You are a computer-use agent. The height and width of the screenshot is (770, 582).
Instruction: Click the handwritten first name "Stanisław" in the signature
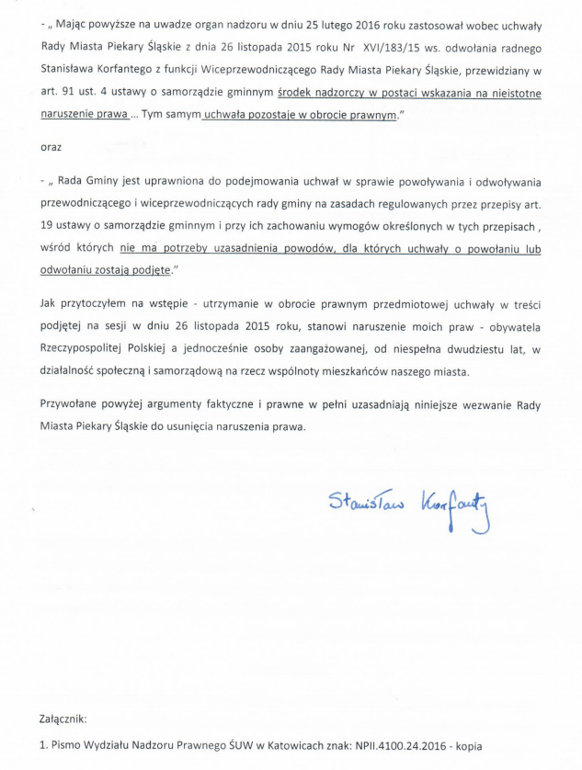[362, 498]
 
